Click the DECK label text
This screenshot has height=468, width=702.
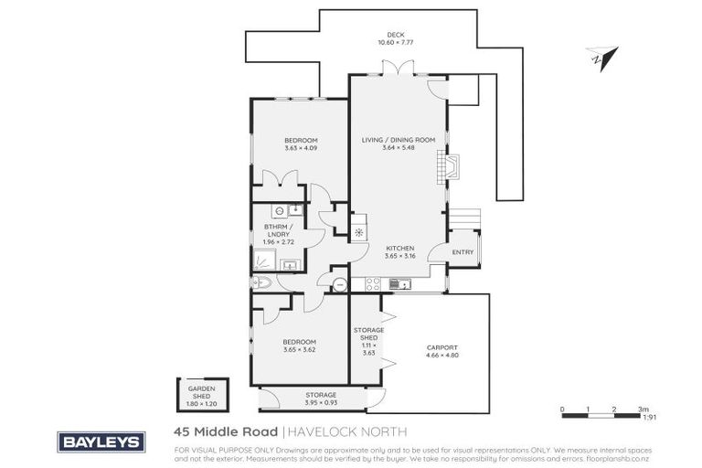(x=397, y=35)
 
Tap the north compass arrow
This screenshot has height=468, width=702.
(x=597, y=57)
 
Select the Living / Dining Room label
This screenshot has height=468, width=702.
(x=397, y=140)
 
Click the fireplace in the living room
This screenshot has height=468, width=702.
(x=451, y=165)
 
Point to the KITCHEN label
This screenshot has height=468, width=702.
(x=400, y=248)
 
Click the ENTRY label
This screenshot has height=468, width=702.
(x=463, y=252)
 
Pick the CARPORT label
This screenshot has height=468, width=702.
(x=441, y=347)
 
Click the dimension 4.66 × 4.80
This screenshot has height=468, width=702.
(x=441, y=356)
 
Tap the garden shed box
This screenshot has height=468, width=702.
(x=202, y=395)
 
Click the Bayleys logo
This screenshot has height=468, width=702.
(x=101, y=441)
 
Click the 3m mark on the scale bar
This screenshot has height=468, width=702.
(x=643, y=409)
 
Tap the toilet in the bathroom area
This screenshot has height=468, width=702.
(x=261, y=282)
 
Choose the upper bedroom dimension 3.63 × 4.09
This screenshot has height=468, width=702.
(x=301, y=148)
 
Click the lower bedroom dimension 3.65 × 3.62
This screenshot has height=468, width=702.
(x=301, y=348)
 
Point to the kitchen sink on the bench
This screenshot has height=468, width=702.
(x=399, y=284)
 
